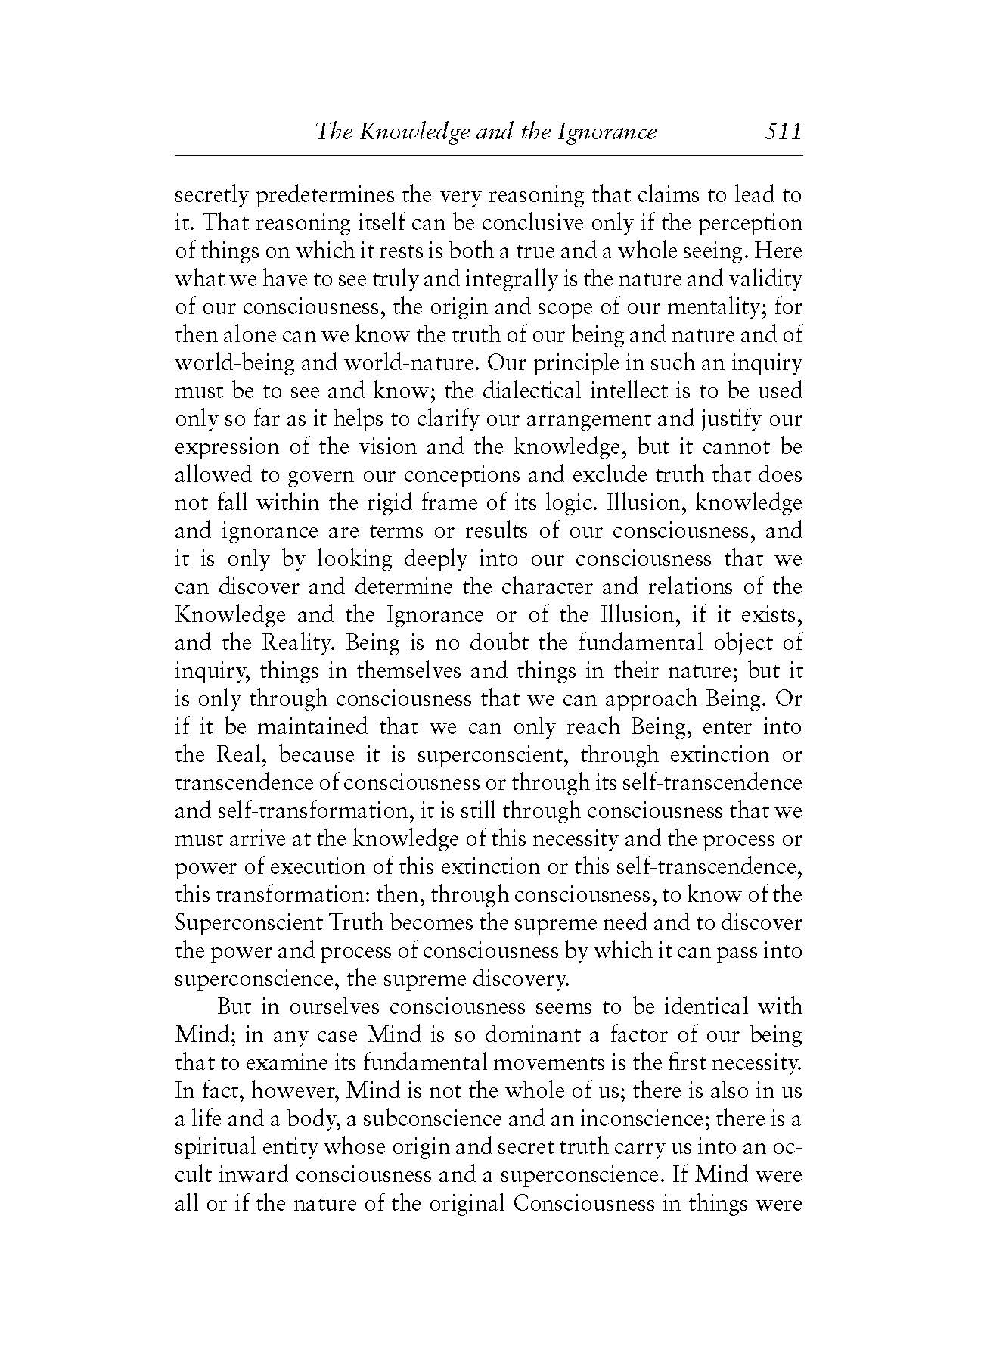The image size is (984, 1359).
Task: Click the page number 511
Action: point(782,132)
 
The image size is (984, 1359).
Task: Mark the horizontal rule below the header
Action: point(488,156)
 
